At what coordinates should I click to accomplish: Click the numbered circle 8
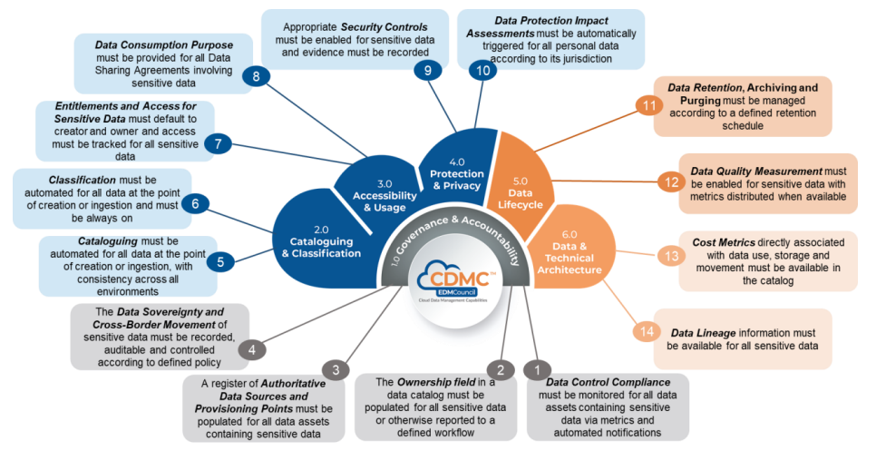click(x=257, y=77)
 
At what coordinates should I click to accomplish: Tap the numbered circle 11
click(x=649, y=105)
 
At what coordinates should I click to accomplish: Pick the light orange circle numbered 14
click(x=646, y=331)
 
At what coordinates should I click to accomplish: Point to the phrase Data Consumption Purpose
click(x=164, y=44)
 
